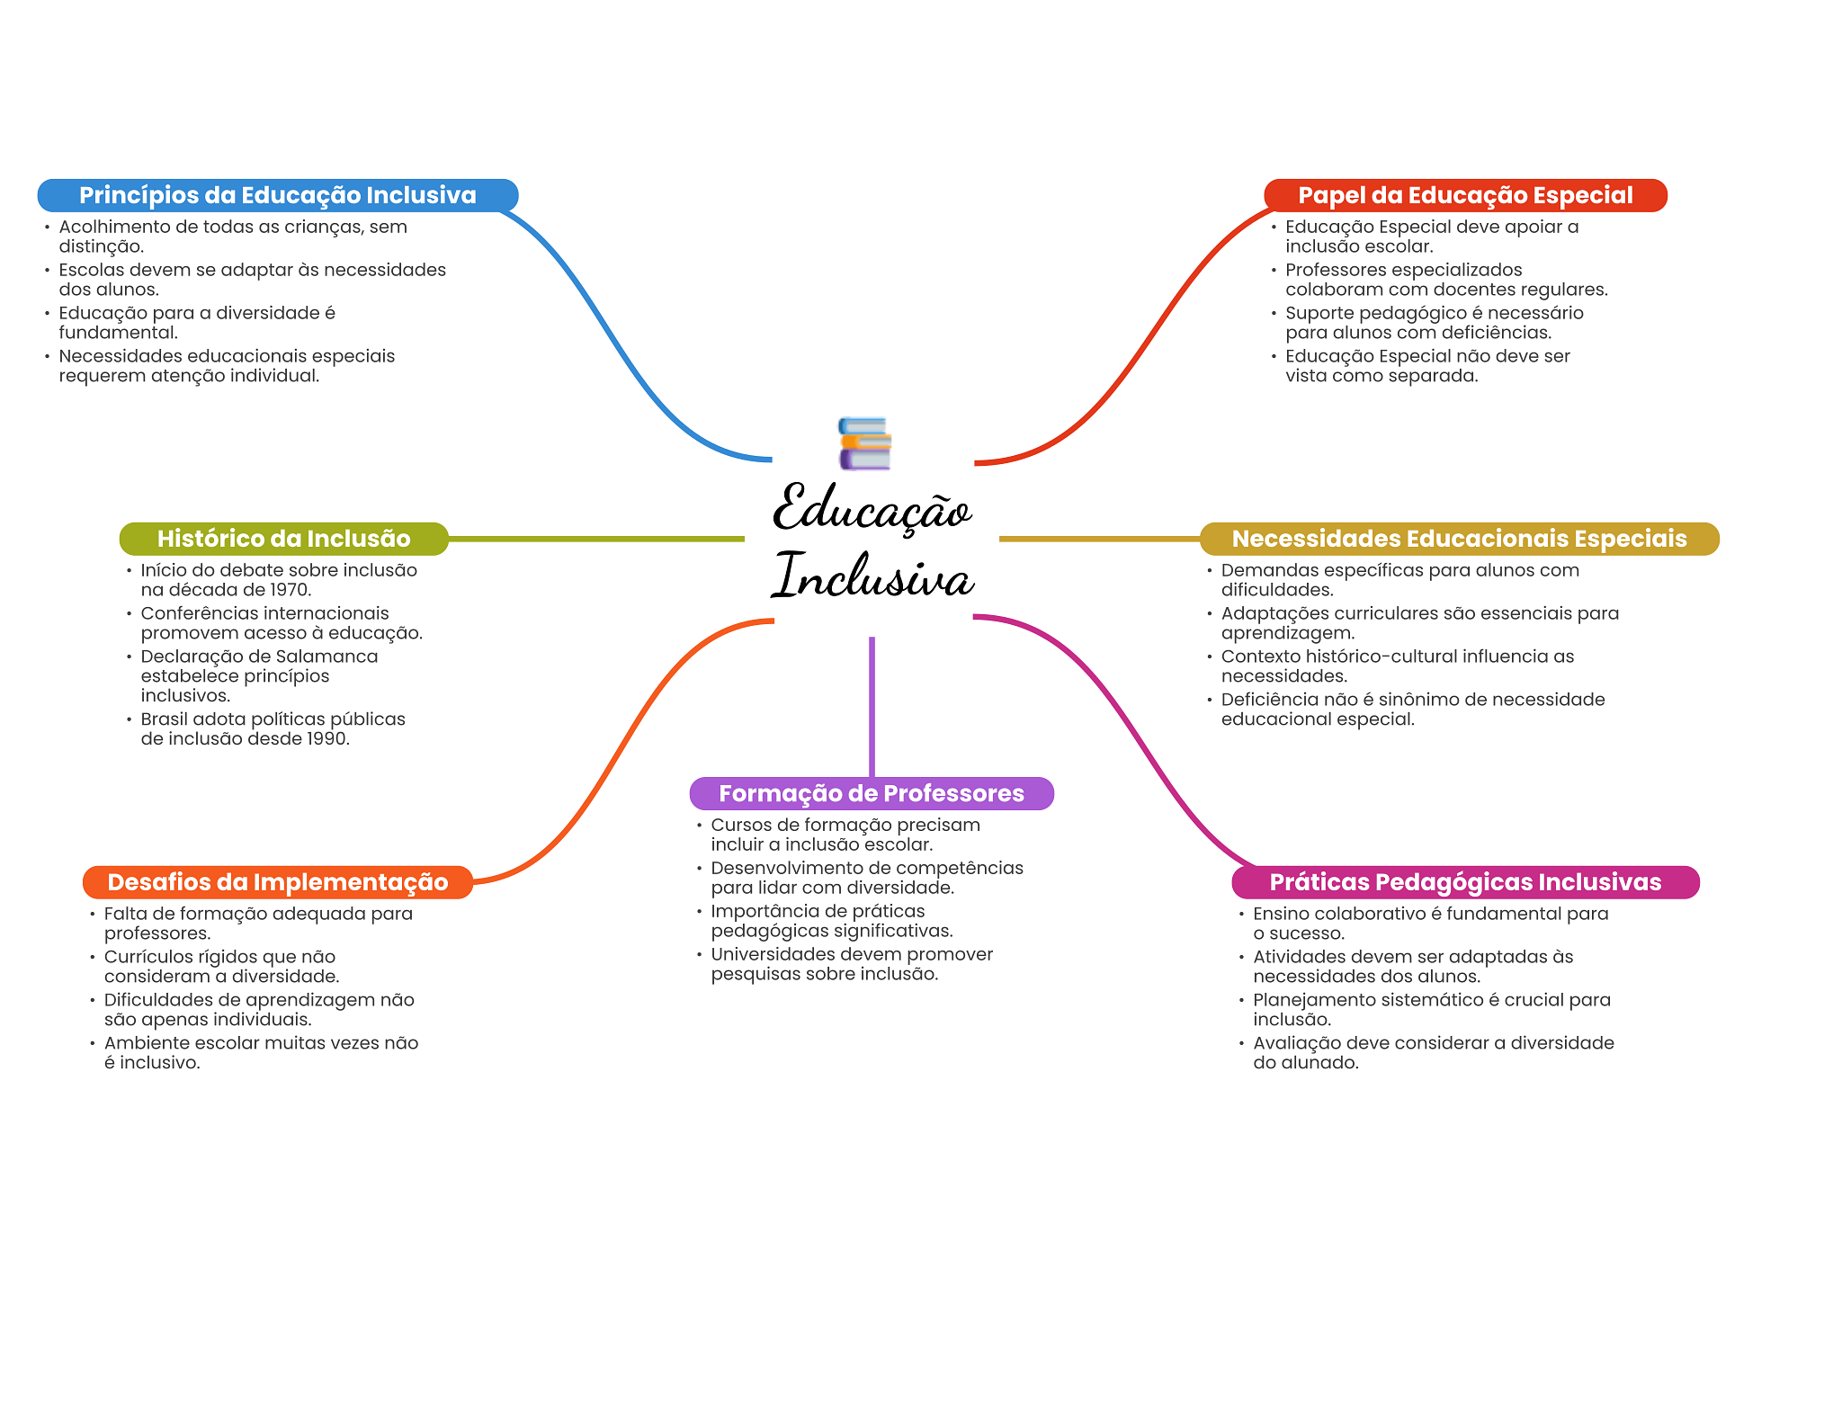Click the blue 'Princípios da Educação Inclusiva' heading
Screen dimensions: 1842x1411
tap(278, 195)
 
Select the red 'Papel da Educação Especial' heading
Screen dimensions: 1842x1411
tap(1465, 195)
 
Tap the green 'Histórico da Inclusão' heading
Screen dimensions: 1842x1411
tap(284, 539)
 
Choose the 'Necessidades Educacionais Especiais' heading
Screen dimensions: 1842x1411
tap(1459, 539)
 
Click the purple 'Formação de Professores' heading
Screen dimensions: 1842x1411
tap(872, 793)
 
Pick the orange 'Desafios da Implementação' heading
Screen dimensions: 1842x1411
tap(278, 882)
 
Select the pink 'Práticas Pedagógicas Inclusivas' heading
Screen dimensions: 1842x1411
tap(1465, 882)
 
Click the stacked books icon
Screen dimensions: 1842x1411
tap(864, 443)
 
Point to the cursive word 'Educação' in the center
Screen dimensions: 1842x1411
tap(872, 508)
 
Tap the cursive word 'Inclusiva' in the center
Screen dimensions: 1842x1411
tap(872, 575)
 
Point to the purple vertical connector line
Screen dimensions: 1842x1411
tap(872, 707)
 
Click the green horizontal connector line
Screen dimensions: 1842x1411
tap(596, 539)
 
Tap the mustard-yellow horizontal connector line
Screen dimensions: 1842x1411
tap(1099, 539)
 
